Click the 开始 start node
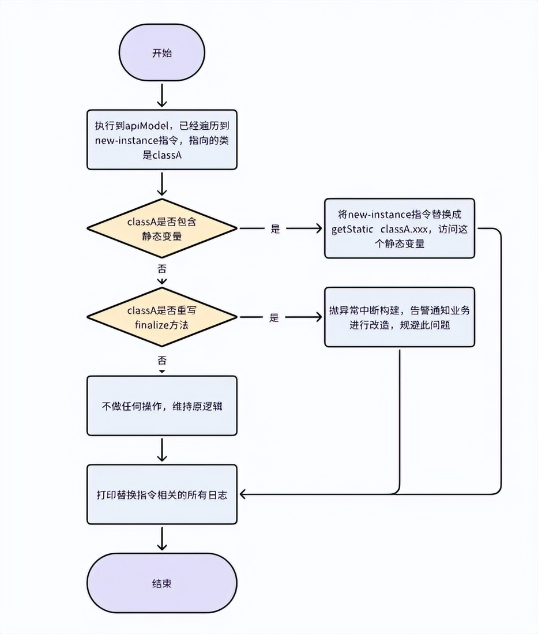click(161, 52)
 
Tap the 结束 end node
click(161, 583)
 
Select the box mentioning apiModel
click(161, 140)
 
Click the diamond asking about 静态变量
click(161, 228)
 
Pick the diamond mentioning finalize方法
click(161, 317)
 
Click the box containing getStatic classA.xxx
click(400, 228)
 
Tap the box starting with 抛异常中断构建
click(400, 317)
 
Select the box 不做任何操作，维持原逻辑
click(161, 406)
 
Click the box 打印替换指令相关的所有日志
click(161, 494)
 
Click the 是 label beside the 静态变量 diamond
click(275, 229)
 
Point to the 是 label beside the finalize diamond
click(274, 318)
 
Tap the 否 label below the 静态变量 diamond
click(161, 269)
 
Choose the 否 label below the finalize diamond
click(161, 360)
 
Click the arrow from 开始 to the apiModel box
click(161, 95)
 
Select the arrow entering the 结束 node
click(161, 539)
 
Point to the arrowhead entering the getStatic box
click(318, 228)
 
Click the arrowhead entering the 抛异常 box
click(318, 317)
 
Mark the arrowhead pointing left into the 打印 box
click(244, 494)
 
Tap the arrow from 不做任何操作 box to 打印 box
click(161, 450)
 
